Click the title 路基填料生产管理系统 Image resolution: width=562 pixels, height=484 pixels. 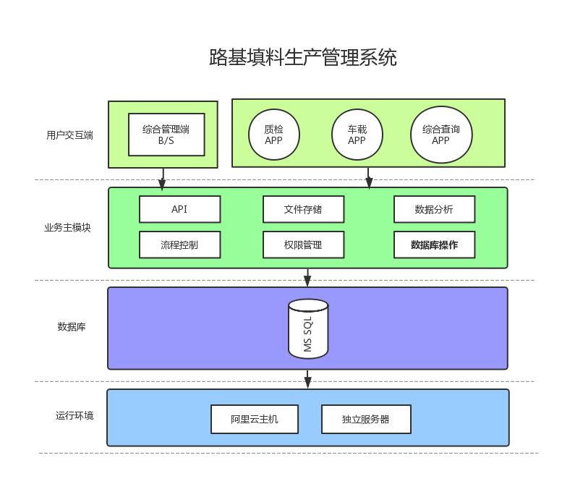coord(302,58)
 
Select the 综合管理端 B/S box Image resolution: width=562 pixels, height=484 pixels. coord(166,135)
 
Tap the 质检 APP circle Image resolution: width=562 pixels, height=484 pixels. coord(273,135)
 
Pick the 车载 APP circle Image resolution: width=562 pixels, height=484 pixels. coord(357,135)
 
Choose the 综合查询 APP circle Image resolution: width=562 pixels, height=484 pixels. coord(440,135)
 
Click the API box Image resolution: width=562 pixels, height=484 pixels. coord(179,209)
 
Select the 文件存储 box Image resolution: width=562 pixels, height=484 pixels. coord(303,209)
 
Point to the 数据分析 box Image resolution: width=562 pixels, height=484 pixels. coord(434,209)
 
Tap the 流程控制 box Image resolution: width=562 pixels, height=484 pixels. coord(179,245)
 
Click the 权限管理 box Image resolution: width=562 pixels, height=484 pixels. coord(303,245)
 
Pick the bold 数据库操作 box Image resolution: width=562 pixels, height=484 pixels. coord(434,245)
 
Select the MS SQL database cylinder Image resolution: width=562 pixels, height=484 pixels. coord(308,328)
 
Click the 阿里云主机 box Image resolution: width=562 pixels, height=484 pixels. coord(255,419)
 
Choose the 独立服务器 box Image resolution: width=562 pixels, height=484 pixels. coord(366,419)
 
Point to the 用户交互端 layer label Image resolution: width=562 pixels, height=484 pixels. coord(69,135)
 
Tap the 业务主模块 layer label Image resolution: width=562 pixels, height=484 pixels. coord(67,227)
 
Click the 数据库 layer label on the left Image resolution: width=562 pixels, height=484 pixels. coord(72,327)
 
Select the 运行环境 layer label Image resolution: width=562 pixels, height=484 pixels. coord(74,416)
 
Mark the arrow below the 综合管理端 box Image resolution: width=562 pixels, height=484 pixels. coord(163,179)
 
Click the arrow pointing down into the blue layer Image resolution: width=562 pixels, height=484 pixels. coord(307,379)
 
